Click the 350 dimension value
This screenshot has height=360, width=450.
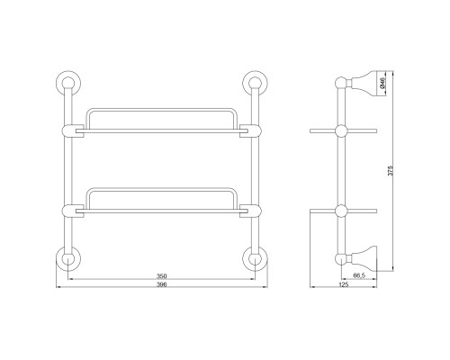[161, 276]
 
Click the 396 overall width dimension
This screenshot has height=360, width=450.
[161, 284]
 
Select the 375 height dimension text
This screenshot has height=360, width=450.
[390, 170]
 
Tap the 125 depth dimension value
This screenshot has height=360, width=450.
[343, 284]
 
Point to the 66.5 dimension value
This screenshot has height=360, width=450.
[359, 275]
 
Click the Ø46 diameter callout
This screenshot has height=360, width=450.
[382, 83]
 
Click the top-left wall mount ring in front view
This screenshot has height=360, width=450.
[68, 83]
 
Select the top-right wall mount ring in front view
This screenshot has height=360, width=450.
[255, 83]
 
